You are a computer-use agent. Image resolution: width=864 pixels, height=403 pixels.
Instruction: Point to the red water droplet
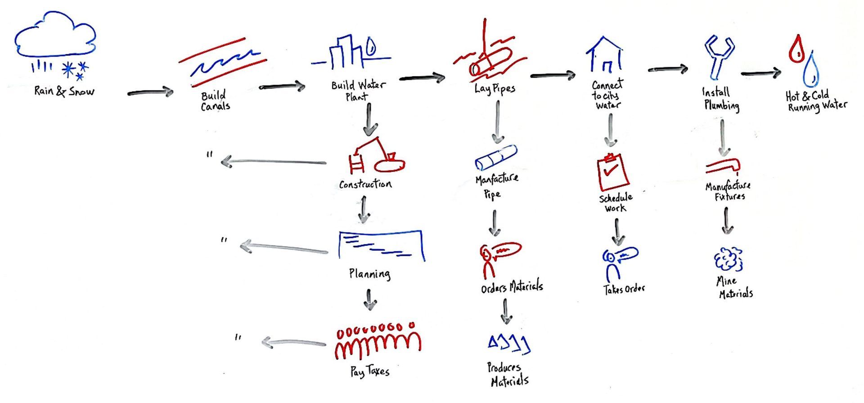coord(797,50)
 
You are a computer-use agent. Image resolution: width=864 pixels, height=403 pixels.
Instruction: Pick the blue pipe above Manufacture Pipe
coord(496,157)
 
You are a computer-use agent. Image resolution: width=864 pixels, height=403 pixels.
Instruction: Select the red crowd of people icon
coord(378,342)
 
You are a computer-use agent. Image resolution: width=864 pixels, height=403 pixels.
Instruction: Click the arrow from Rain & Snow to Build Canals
coord(150,93)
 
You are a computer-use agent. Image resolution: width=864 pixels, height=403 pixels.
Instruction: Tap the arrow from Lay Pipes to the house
coord(553,76)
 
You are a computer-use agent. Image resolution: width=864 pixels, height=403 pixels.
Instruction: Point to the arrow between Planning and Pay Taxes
coord(369,300)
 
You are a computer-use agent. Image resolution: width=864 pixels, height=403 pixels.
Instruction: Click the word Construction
coord(365,184)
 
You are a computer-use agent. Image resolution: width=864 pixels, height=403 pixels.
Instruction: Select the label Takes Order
coord(624,289)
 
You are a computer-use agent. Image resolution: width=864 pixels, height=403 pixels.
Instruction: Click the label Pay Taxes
coord(369,371)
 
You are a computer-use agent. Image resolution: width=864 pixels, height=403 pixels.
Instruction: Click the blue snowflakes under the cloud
coord(75,70)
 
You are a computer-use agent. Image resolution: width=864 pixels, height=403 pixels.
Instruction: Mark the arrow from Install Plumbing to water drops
coord(760,73)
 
